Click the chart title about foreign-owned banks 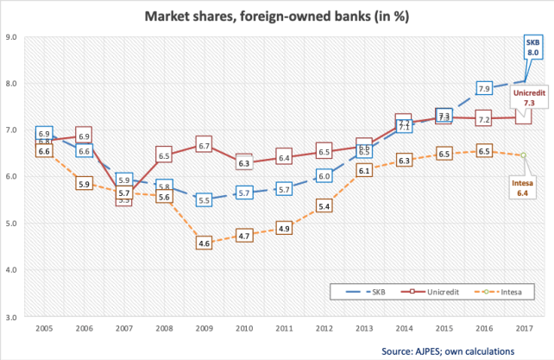click(276, 16)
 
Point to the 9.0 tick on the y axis click(15, 37)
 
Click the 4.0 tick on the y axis click(15, 270)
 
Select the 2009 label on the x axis click(205, 329)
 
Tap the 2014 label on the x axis click(404, 329)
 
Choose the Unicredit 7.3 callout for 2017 click(525, 98)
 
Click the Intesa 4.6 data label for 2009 click(205, 243)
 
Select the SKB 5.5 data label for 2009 click(205, 200)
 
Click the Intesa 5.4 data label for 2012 click(324, 205)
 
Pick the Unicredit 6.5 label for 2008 click(165, 155)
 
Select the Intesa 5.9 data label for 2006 click(85, 183)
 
